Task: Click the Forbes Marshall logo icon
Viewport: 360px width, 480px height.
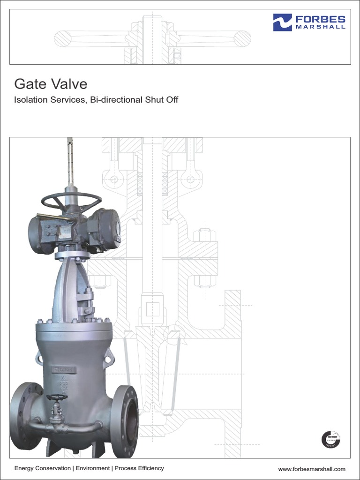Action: pos(283,22)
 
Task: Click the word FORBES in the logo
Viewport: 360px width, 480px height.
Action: pos(320,19)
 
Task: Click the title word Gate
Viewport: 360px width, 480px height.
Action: pos(30,84)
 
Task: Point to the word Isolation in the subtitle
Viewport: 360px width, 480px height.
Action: pos(31,100)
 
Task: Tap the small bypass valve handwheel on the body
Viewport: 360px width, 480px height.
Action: pos(57,397)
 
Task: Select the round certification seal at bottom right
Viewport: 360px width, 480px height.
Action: pos(330,439)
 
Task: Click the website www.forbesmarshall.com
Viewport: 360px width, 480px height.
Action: pos(311,469)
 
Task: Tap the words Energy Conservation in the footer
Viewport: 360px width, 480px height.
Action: pos(42,468)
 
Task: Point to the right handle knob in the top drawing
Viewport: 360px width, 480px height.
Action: pos(242,38)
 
